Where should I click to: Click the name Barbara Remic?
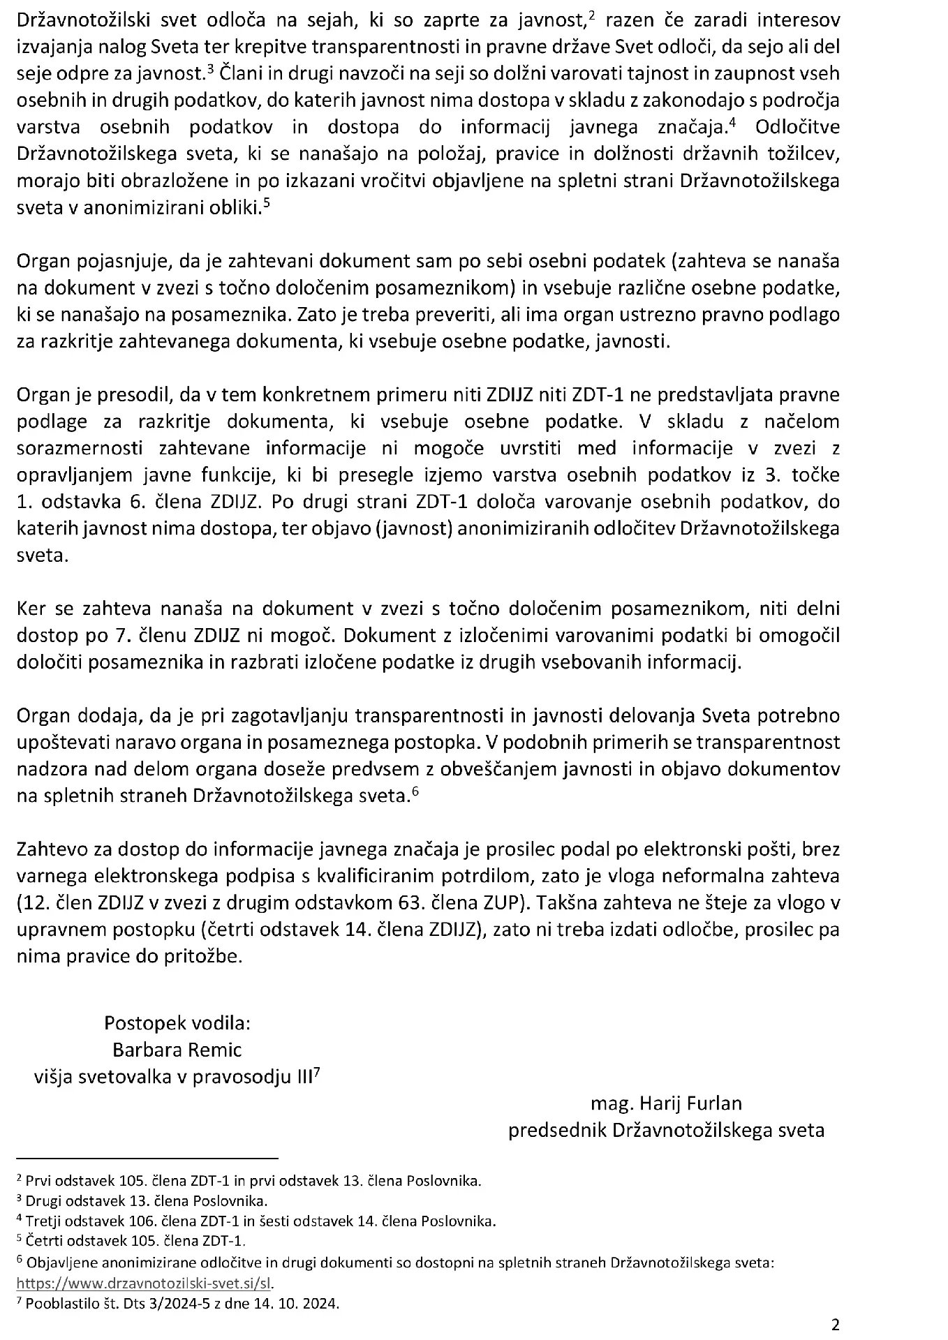click(x=177, y=1050)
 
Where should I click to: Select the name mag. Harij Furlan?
click(x=666, y=1103)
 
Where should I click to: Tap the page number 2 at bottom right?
click(x=835, y=1324)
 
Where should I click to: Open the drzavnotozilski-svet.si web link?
click(x=145, y=1283)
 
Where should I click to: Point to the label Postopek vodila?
click(x=177, y=1023)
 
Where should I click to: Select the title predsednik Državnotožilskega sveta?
click(x=666, y=1130)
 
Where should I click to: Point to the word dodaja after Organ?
click(x=95, y=716)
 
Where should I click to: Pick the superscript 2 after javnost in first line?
click(x=591, y=16)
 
